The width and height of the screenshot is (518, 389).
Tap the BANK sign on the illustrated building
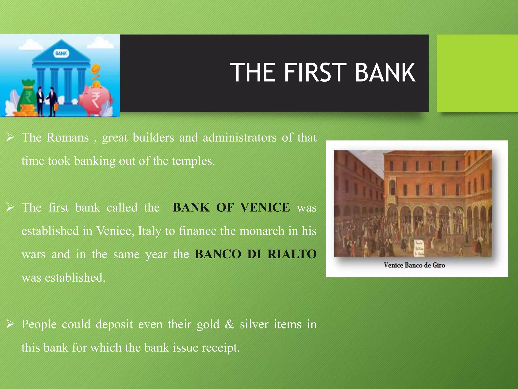[x=61, y=53]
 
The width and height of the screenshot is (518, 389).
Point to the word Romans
[x=68, y=138]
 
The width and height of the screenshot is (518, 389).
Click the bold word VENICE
[x=265, y=208]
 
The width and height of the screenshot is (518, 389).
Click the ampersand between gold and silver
[x=229, y=324]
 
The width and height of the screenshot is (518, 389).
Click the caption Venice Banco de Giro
[x=414, y=265]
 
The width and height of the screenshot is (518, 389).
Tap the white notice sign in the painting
[x=419, y=248]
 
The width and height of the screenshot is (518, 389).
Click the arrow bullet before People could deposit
[x=10, y=324]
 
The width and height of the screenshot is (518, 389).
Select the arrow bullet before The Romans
[x=10, y=137]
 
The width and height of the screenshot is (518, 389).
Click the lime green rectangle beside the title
[x=477, y=73]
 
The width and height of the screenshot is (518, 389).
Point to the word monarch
[x=262, y=231]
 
